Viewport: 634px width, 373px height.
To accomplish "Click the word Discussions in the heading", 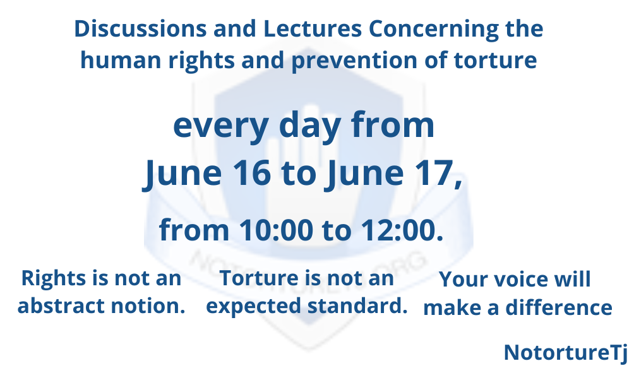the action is coord(140,28).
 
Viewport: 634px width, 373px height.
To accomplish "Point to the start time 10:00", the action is coord(276,230).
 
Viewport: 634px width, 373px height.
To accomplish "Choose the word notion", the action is coord(148,306).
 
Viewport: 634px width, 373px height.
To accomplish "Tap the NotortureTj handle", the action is coord(566,353).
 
